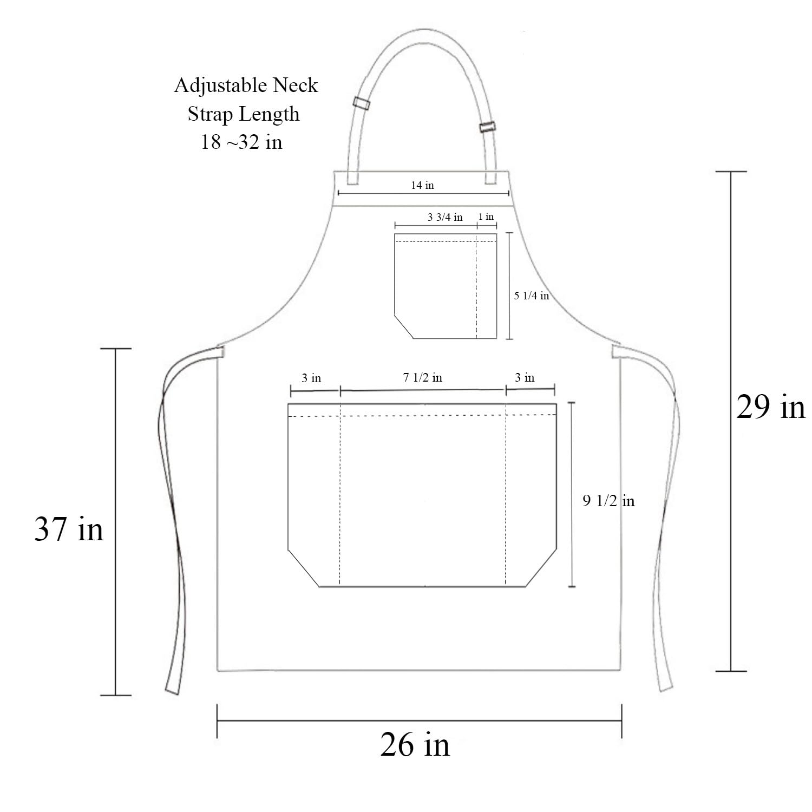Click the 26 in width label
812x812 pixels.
415,745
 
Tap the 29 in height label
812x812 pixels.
770,407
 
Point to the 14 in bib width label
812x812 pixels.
422,185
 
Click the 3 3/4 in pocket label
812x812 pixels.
445,218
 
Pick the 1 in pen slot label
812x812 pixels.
486,217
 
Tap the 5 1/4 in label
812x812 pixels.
531,296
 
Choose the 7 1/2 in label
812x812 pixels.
422,377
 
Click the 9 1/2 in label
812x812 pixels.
608,501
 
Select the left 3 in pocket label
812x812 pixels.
311,378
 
